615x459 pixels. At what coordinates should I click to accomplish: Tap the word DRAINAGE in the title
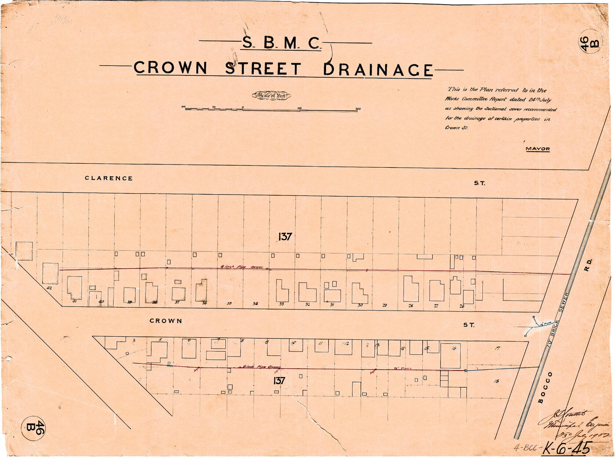tap(378, 70)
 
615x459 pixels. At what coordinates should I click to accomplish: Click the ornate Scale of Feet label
tap(271, 95)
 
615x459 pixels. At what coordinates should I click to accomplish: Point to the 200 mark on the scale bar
tap(358, 109)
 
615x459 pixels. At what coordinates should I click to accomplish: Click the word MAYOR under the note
tap(538, 149)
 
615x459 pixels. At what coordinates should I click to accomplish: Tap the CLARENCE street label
tap(109, 178)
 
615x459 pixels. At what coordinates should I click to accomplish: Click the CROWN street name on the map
tap(166, 321)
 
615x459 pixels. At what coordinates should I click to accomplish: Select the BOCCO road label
tap(545, 387)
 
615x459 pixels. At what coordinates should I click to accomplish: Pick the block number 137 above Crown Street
tap(285, 237)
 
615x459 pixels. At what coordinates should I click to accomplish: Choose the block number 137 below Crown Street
tap(279, 381)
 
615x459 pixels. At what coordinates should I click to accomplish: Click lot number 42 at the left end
tap(50, 288)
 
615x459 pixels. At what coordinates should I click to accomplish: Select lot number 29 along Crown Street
tap(384, 305)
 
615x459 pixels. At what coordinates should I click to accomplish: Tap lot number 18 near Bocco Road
tap(496, 381)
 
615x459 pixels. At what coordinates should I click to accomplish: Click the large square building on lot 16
tap(450, 355)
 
